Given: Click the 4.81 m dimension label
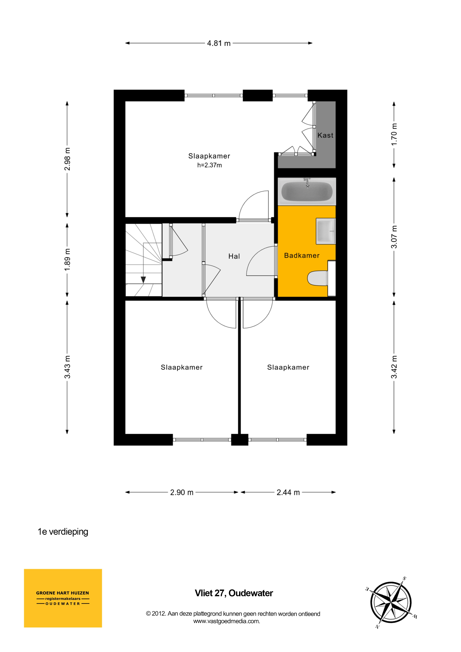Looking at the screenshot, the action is pos(219,43).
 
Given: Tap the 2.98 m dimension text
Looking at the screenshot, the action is pos(67,159).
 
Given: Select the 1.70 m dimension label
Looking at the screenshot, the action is pos(394,134).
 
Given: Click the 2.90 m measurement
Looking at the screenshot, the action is pos(182,492).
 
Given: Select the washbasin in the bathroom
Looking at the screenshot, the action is pos(326,231).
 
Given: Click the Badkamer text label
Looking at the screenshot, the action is pos(302,255).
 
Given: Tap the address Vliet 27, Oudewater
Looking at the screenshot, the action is pos(234,593).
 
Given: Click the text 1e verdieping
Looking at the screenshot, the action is pos(63,532).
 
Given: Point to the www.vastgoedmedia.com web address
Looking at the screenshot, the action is pos(227,621).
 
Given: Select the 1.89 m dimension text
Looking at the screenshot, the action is pos(67,259).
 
